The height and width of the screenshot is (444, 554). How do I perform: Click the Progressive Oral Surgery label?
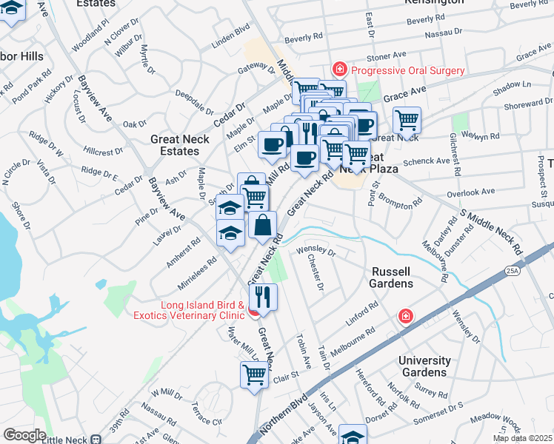point(407,70)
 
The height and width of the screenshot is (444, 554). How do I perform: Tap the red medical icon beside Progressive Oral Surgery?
point(340,70)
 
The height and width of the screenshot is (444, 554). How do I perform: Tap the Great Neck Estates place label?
point(175,144)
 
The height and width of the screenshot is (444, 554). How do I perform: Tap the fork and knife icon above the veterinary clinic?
point(263,297)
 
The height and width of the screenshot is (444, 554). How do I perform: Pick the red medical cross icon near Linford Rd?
point(405,317)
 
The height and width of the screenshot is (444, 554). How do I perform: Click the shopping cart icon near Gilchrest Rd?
point(407,119)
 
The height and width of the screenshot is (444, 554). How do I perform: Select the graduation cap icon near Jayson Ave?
point(353,436)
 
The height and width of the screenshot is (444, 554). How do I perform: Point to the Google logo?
point(24,435)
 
